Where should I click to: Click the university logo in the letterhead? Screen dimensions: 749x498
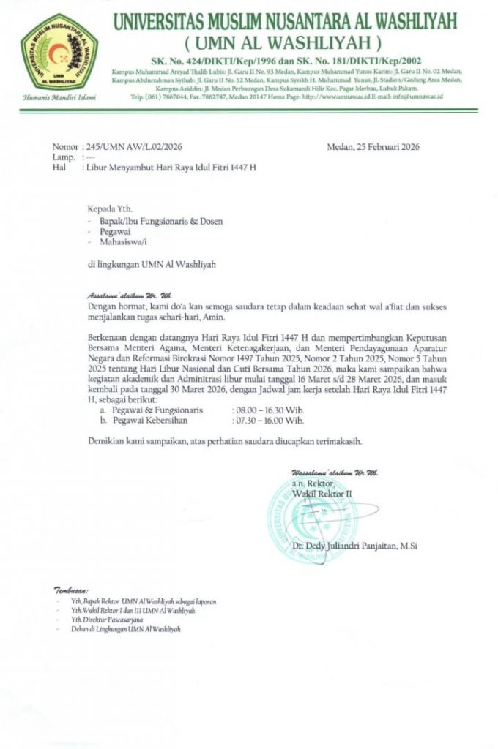59,53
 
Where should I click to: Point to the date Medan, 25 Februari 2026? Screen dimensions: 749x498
373,146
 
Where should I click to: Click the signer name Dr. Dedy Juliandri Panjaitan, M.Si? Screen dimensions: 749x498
354,546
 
